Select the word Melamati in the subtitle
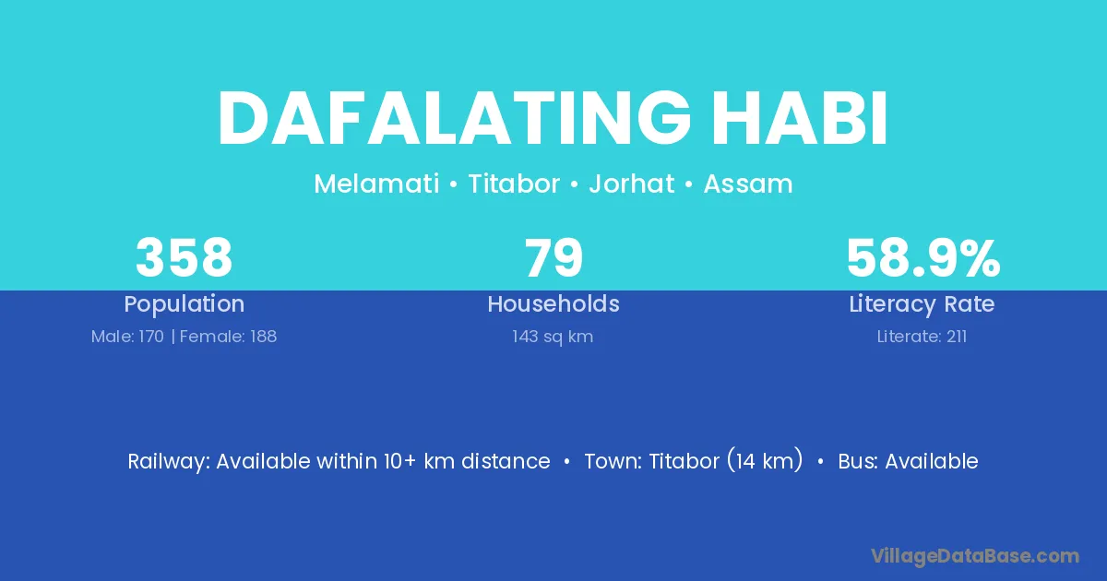[x=376, y=184]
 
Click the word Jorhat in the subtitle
[x=632, y=184]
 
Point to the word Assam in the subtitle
[x=748, y=184]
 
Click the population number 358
[x=184, y=257]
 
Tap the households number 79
[x=553, y=257]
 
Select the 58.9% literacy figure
[x=923, y=257]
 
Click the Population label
[x=184, y=304]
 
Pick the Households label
[x=553, y=303]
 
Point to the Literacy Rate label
[x=922, y=304]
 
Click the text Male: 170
[x=127, y=337]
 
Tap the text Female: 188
[x=229, y=337]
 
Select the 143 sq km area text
[x=553, y=337]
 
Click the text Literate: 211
[x=922, y=337]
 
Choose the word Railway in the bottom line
[x=169, y=462]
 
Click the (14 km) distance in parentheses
[x=765, y=460]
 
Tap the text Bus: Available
[x=908, y=461]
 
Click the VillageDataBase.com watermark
[x=975, y=556]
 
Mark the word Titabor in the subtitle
[x=514, y=184]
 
